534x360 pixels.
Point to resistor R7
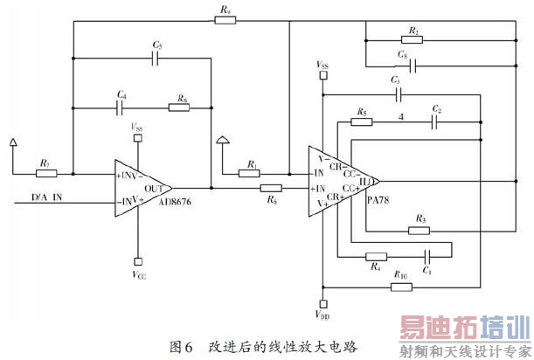pos(44,173)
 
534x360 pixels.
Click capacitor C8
pos(412,66)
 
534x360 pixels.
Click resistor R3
pos(420,231)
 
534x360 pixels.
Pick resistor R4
pos(376,258)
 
